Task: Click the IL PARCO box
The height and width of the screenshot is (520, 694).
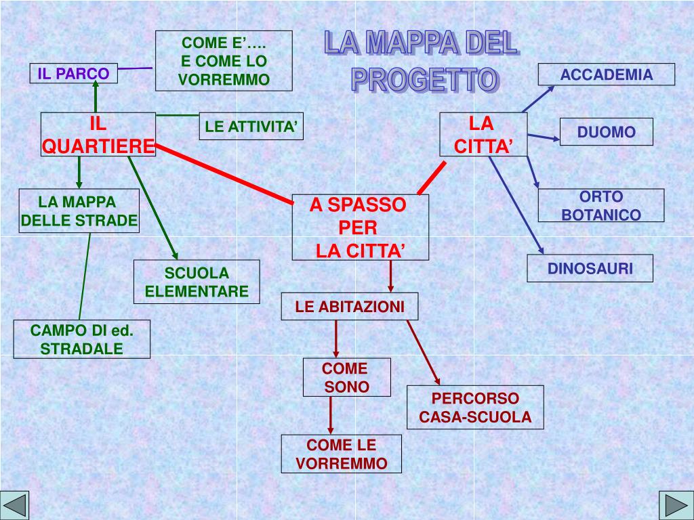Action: coord(73,73)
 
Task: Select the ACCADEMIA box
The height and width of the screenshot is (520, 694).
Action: coord(607,74)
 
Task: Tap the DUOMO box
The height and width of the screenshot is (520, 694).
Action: coord(607,132)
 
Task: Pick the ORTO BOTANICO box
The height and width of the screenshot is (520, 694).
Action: coord(601,206)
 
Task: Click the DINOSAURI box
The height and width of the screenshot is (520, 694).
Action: coord(590,268)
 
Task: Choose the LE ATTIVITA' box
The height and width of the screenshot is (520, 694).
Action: coord(251,126)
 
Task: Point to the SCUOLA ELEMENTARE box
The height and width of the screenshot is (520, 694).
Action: coord(197,282)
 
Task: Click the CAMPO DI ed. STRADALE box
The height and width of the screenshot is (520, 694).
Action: coord(82,339)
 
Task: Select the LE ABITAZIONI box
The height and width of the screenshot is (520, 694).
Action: coord(350,307)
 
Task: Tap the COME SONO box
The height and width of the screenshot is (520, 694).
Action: coord(346,378)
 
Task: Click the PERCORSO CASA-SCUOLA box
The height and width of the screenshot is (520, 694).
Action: coord(475,408)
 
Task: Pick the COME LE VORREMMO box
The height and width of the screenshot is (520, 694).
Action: coord(342,454)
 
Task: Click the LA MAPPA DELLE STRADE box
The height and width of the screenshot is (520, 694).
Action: coord(79,211)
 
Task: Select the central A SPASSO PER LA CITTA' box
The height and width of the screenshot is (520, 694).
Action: coord(361,227)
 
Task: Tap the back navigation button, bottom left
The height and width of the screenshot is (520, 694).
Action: coord(15,505)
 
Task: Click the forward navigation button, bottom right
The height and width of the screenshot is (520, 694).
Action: coord(674,505)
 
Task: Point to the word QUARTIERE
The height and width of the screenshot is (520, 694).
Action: coord(98,146)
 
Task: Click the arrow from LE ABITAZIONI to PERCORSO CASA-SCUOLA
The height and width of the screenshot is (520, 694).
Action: coord(424,352)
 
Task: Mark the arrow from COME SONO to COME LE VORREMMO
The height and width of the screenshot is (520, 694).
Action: coord(331,414)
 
